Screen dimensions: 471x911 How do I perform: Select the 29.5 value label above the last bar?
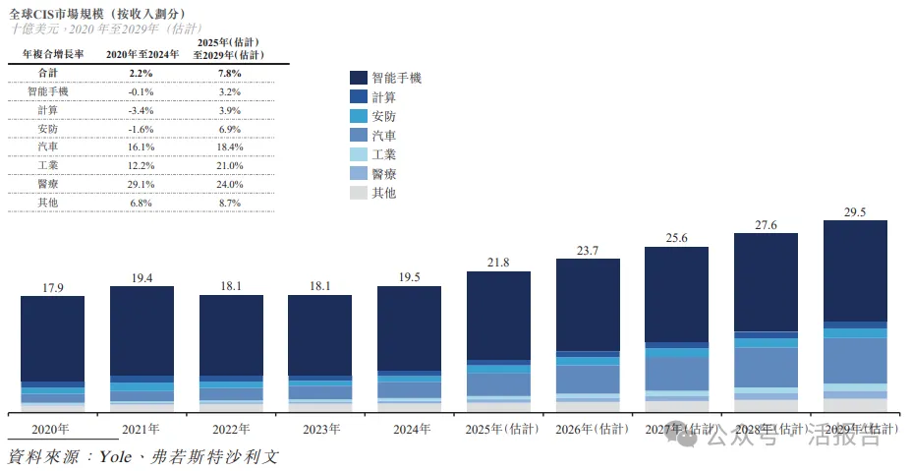click(x=854, y=211)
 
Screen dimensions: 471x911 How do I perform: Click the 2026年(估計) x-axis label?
click(x=588, y=429)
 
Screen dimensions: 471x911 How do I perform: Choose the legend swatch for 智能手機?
click(x=358, y=78)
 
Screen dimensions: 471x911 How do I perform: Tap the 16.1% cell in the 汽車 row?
click(x=142, y=146)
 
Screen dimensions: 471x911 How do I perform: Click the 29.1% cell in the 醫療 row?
click(x=142, y=183)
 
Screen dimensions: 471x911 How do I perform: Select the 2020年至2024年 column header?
click(x=142, y=54)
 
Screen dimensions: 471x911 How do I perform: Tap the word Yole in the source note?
click(x=119, y=457)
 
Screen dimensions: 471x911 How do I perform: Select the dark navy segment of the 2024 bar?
click(x=409, y=327)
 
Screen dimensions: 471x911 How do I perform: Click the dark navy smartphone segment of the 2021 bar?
click(x=142, y=329)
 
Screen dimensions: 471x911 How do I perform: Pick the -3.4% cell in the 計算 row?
click(x=142, y=109)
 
